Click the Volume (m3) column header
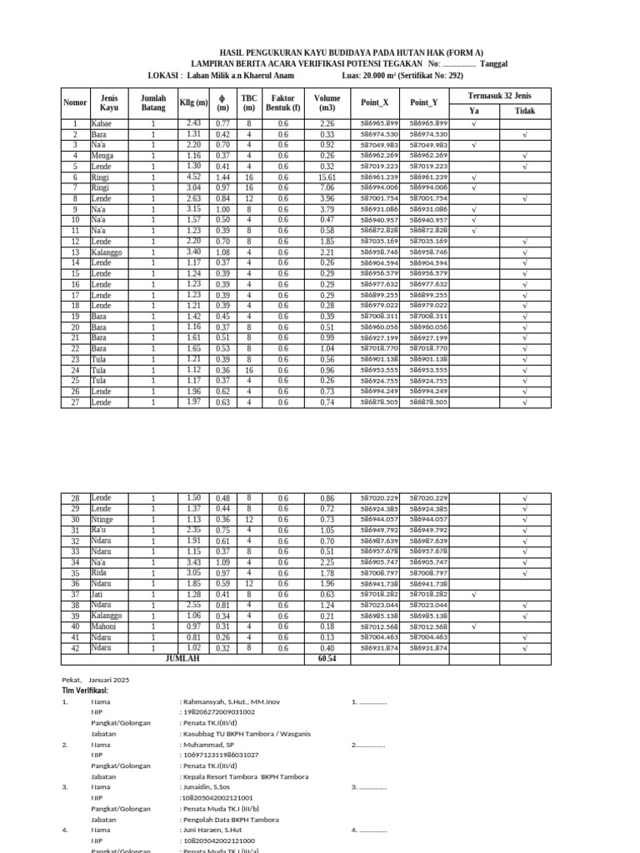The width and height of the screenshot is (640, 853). (327, 102)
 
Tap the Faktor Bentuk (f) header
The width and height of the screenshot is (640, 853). (282, 102)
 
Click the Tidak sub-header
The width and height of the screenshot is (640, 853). (524, 110)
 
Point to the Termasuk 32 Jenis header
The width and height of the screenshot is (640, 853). (499, 95)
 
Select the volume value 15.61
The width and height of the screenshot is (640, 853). (327, 177)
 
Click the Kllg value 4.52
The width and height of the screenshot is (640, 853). (193, 177)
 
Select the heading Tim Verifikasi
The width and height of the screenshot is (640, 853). (85, 691)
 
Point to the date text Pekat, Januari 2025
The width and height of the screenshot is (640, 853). (96, 680)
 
